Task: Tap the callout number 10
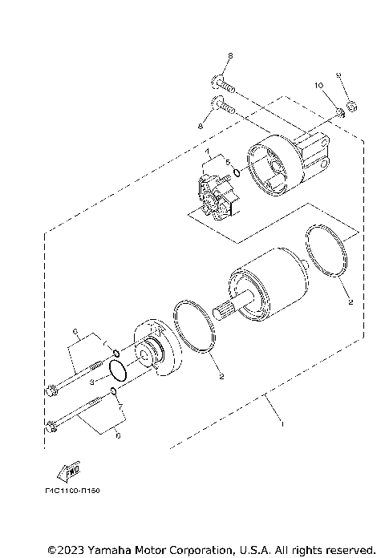tap(318, 84)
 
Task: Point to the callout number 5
tap(228, 163)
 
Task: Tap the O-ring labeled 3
tap(117, 370)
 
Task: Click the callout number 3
tap(93, 383)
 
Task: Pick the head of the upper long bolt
tap(53, 390)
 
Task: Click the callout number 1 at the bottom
tap(281, 423)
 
